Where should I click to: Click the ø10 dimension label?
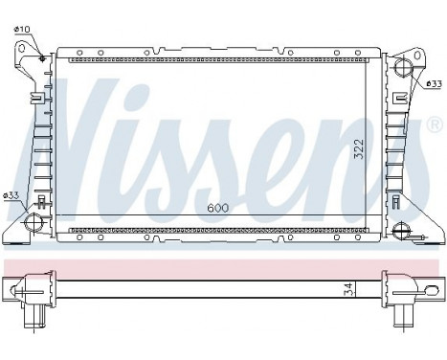pyautogui.click(x=20, y=29)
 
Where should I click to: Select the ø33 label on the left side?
pyautogui.click(x=11, y=196)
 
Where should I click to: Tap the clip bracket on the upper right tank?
pyautogui.click(x=397, y=96)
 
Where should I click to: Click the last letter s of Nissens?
pyautogui.click(x=392, y=139)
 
